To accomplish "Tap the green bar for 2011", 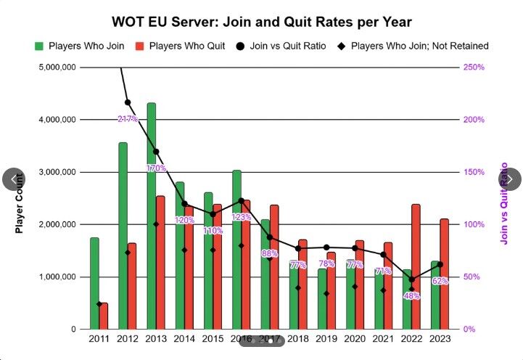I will [94, 283].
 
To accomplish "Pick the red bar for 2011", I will [104, 316].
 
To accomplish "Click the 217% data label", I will [128, 119].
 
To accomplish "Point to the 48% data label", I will [411, 295].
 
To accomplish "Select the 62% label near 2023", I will [439, 281].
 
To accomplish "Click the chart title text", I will [262, 22].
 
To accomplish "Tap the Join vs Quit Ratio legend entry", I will [282, 46].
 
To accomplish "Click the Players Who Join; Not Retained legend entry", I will [413, 46].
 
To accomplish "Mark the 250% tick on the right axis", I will [476, 67].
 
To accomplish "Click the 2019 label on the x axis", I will [326, 338].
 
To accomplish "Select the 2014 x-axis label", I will [184, 338].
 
